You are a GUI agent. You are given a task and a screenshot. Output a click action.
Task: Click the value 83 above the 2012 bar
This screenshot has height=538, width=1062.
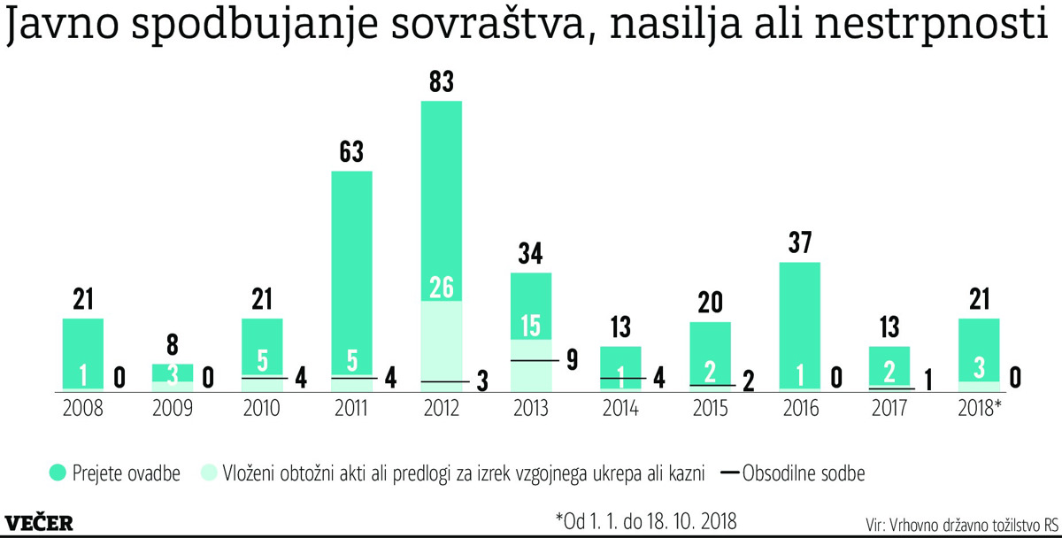click(441, 82)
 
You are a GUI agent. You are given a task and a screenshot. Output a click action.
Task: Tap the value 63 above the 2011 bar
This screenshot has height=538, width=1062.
click(351, 152)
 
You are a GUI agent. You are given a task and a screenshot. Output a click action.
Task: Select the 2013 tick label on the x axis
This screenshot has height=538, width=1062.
click(531, 408)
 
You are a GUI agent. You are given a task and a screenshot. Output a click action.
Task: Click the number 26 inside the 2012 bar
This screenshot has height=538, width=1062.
click(441, 288)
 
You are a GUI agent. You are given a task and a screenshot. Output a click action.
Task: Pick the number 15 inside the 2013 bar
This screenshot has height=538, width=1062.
click(531, 326)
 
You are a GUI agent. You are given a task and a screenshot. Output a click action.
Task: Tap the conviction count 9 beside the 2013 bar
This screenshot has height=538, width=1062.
click(573, 360)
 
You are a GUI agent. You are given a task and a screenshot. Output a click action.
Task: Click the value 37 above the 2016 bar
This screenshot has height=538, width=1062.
click(799, 243)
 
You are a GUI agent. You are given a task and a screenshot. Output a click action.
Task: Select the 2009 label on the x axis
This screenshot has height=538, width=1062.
click(173, 408)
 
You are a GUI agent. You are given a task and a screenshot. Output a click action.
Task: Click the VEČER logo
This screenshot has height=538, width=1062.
click(39, 522)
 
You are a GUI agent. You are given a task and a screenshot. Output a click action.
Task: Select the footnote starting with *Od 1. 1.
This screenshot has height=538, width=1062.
click(646, 517)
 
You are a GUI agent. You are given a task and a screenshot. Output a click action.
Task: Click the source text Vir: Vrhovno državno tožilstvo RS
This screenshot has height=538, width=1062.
click(960, 522)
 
